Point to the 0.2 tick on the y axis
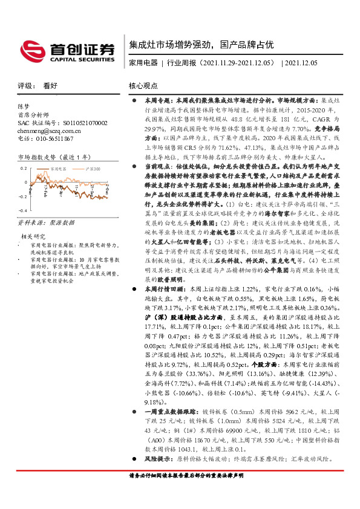coord(24,168)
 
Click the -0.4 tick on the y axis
coord(23,210)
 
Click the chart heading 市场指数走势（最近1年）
coord(50,157)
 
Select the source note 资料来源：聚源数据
coord(42,223)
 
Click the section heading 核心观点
coord(143,86)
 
